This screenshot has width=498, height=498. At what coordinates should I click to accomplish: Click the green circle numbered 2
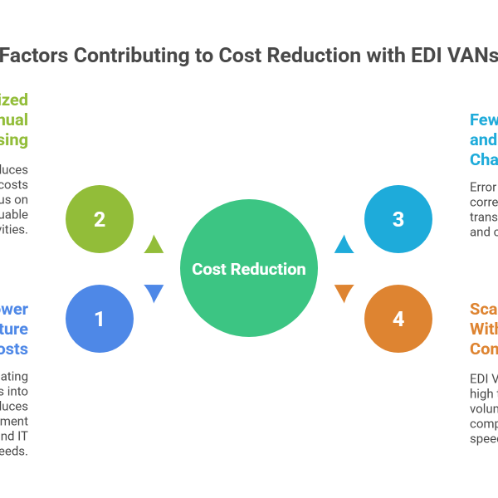100,220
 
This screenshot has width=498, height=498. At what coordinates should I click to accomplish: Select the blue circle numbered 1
100,319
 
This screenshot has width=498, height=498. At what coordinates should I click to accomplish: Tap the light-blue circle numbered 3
398,220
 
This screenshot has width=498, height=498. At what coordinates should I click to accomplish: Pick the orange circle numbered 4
398,319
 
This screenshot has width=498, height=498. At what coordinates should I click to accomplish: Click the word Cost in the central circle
209,269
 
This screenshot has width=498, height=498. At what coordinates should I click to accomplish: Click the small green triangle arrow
154,244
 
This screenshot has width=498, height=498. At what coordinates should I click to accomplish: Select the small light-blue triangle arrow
344,244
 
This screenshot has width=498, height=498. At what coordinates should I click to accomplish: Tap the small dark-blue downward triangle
154,293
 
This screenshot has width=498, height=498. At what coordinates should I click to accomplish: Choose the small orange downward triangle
344,293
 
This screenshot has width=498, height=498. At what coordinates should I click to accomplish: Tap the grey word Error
482,187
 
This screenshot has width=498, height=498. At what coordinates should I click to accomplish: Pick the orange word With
484,329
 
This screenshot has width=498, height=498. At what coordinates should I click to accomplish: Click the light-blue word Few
484,120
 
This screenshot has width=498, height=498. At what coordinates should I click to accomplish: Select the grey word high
482,393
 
